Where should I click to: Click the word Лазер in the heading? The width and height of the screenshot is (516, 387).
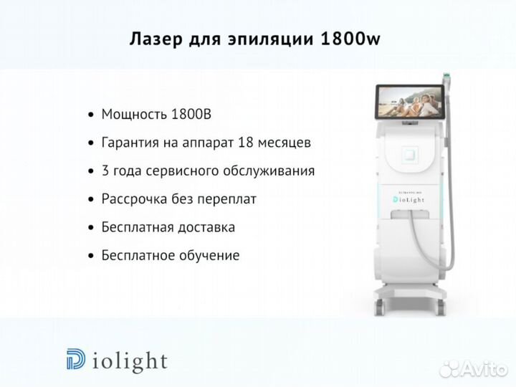coord(156,39)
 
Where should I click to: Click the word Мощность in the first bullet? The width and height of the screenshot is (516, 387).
coord(135,115)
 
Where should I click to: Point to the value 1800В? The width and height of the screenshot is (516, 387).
coord(191,114)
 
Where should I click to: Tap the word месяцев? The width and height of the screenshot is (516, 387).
coord(285,143)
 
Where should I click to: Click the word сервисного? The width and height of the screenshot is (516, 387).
coord(183,171)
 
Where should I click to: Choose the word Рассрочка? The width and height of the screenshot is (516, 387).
coord(135,199)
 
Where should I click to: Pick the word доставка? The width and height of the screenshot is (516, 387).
coord(206,227)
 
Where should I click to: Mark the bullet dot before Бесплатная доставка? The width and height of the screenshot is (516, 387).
coord(91,228)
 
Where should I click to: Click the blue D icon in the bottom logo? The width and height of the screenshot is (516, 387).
coord(76,359)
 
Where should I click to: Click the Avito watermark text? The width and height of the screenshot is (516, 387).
coord(474,368)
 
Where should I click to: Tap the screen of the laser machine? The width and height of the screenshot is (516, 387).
coord(410,102)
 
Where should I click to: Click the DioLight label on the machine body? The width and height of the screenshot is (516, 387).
coord(408,199)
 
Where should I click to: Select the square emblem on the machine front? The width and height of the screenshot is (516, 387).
coord(410,155)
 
